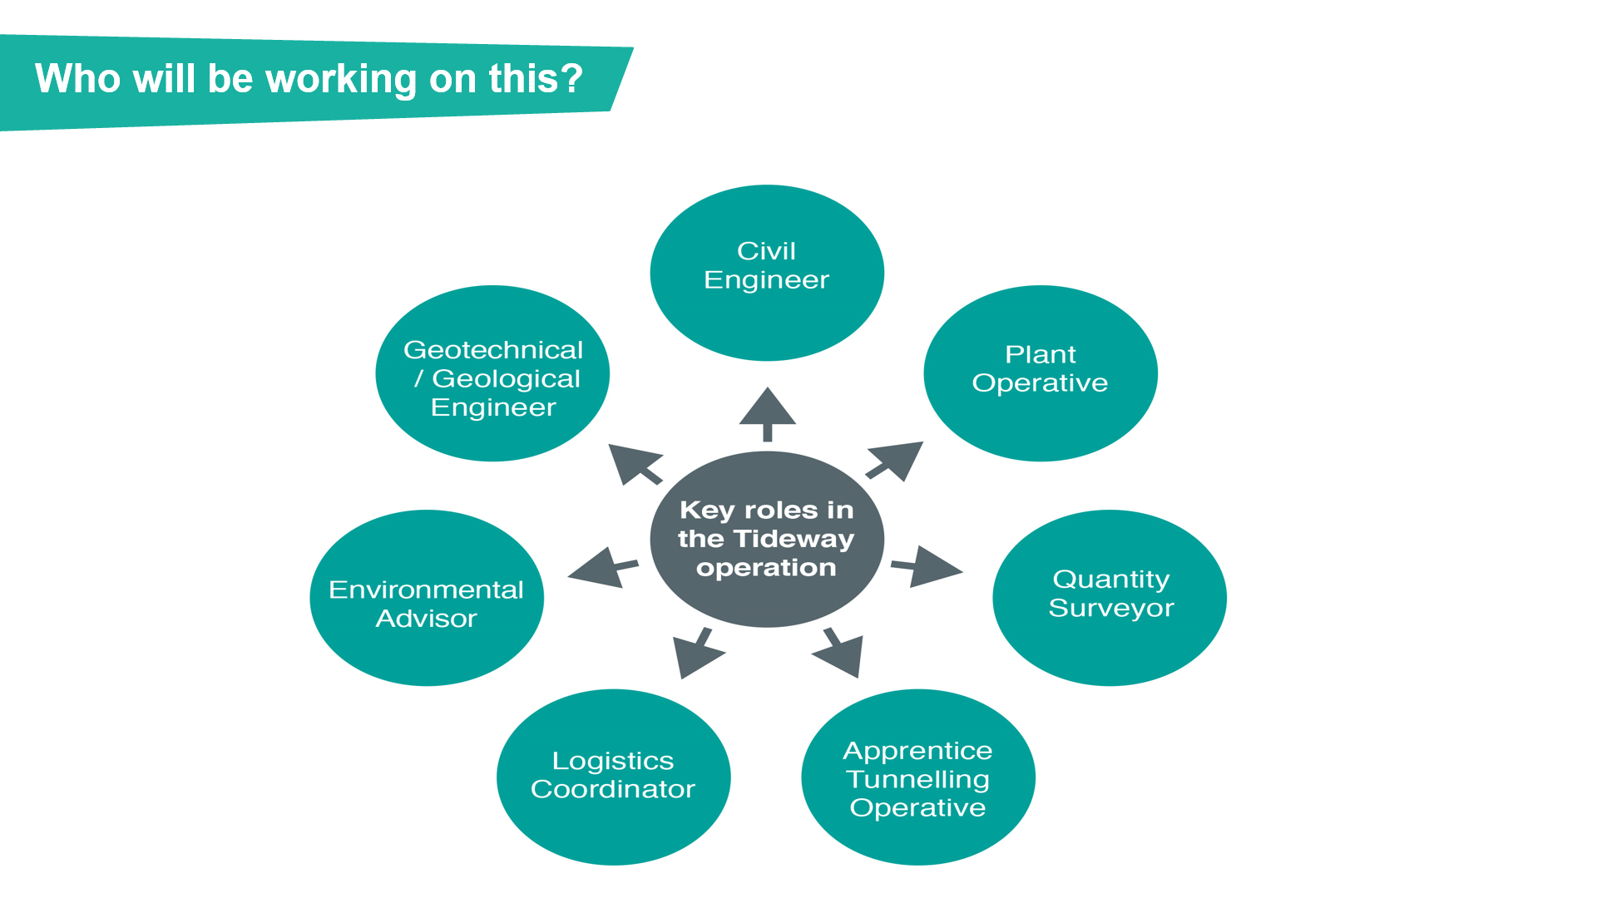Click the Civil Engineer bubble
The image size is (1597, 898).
(767, 273)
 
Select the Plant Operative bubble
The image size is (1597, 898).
(1041, 373)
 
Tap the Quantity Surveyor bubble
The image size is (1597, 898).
(1110, 598)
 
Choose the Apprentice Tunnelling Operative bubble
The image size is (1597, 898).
(918, 777)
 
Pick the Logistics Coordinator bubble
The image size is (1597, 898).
(614, 777)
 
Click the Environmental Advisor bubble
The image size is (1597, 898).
(427, 598)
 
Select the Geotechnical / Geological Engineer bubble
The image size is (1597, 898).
(492, 373)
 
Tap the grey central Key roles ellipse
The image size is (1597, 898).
(767, 539)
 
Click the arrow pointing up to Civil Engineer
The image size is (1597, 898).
(768, 414)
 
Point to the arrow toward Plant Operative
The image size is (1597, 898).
(895, 461)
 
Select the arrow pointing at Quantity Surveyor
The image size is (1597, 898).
(927, 567)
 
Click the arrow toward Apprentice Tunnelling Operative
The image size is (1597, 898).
(838, 653)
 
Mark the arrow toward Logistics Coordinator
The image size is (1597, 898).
(698, 653)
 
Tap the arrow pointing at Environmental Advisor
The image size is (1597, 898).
(603, 568)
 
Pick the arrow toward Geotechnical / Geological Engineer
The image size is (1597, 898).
(635, 464)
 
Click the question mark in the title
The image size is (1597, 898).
(571, 78)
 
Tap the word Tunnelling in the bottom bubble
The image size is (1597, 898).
(918, 780)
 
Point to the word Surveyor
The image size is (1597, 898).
(1111, 609)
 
